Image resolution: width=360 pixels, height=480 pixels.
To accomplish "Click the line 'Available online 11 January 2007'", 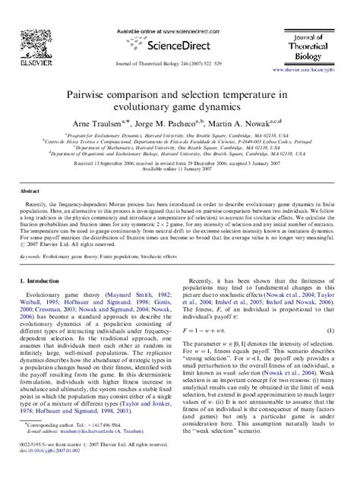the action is [179, 169].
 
